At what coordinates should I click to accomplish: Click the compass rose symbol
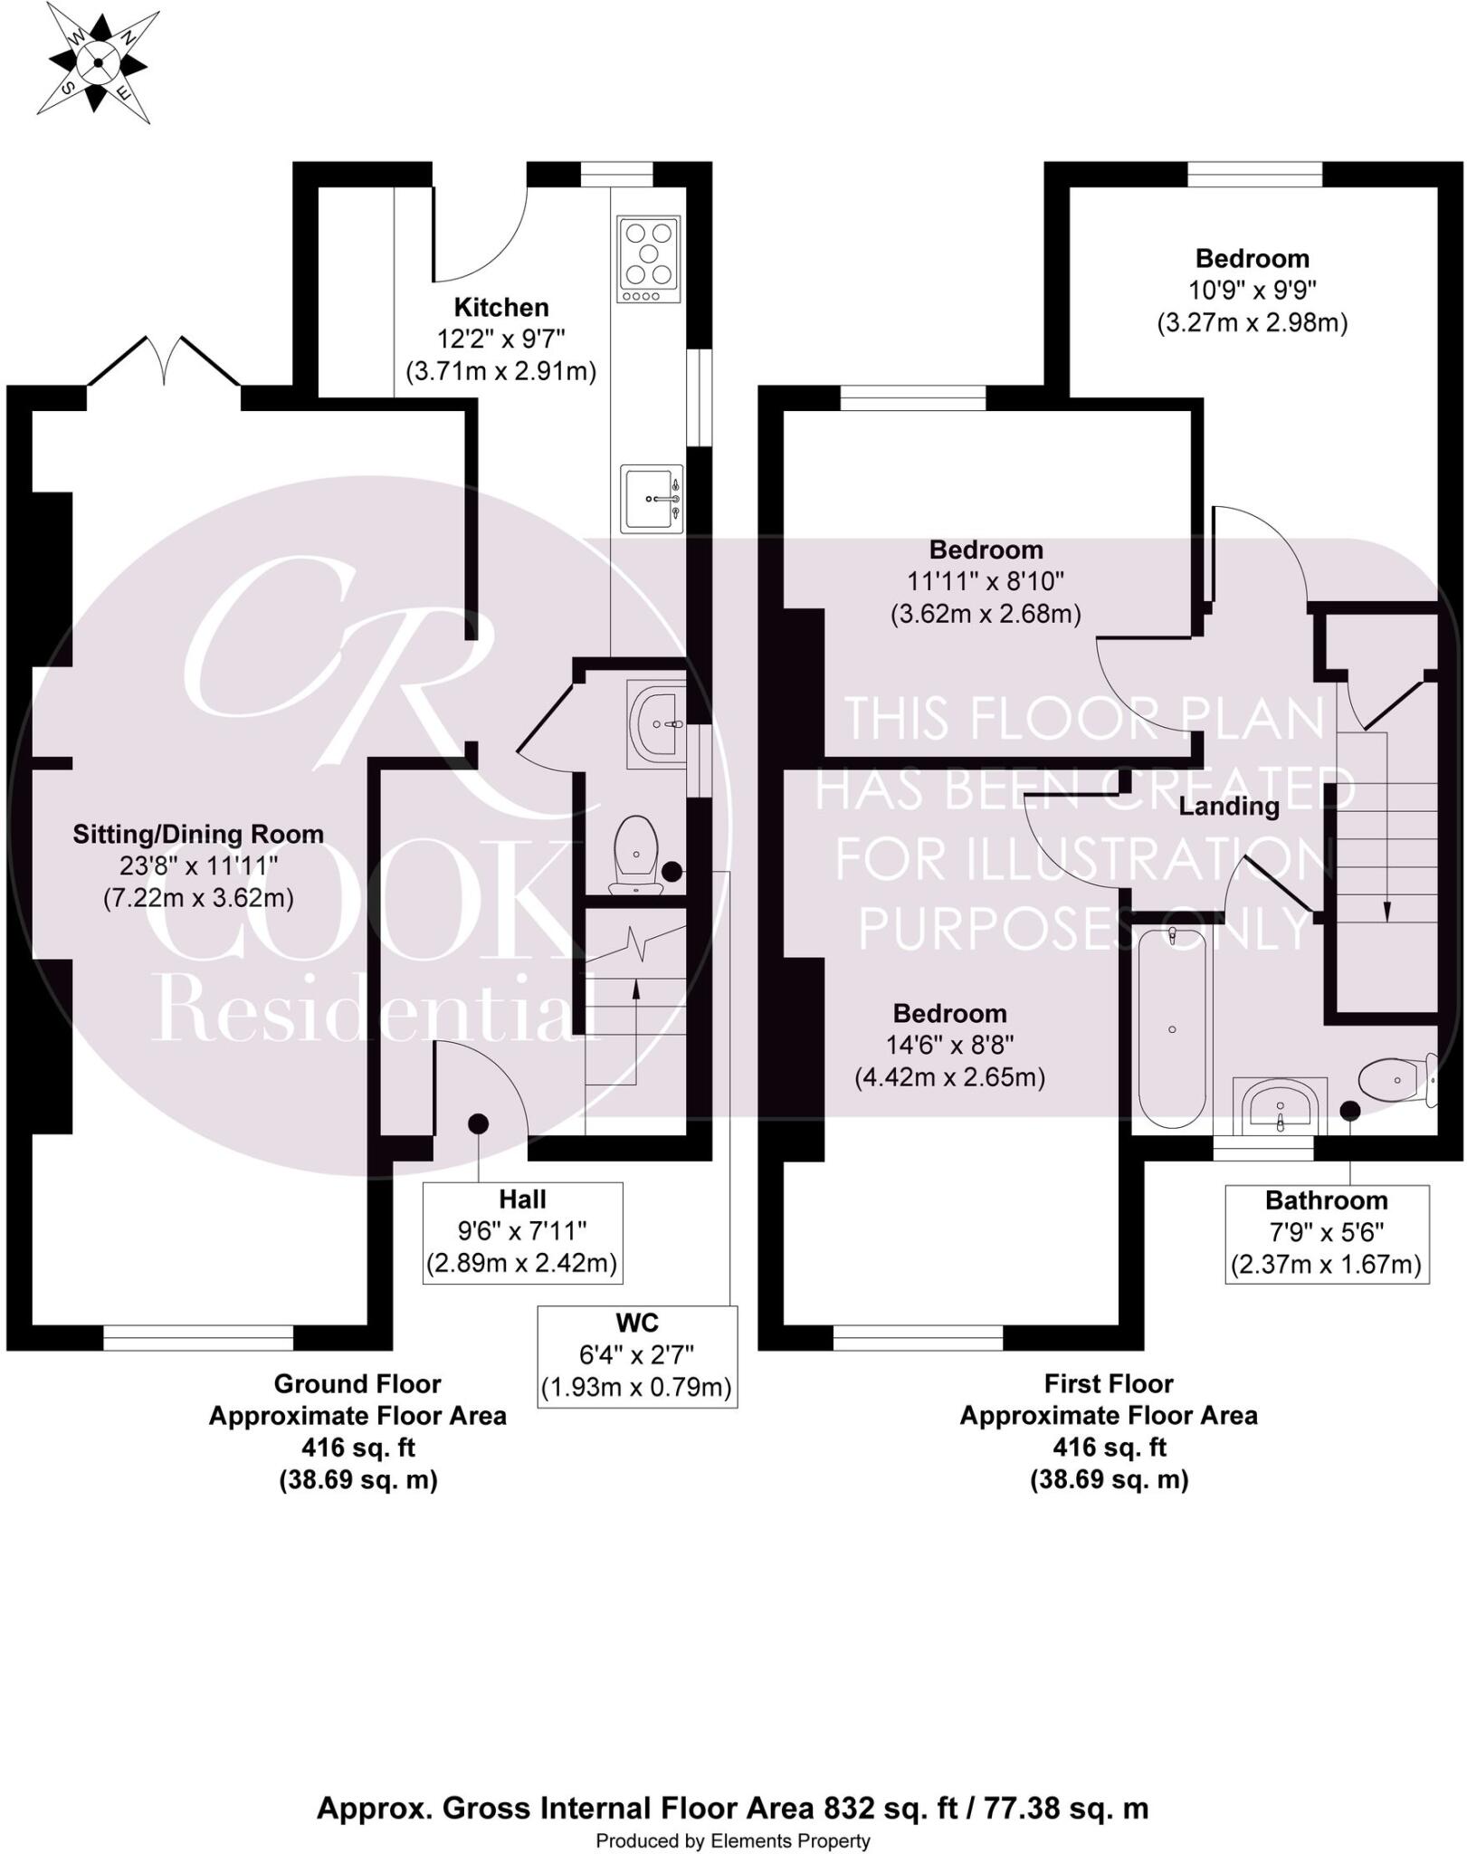click(x=97, y=62)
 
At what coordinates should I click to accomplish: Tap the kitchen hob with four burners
click(x=649, y=259)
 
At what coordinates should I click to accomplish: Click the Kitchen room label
click(x=501, y=307)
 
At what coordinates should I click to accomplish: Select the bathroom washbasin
click(x=1280, y=1106)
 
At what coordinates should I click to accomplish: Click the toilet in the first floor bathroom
click(x=1394, y=1079)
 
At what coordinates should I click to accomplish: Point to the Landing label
click(x=1228, y=806)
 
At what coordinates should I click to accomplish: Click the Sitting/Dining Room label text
click(x=198, y=834)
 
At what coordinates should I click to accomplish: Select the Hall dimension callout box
click(x=522, y=1231)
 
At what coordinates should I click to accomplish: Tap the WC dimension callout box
click(x=637, y=1355)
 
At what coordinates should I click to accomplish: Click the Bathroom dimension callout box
click(x=1327, y=1233)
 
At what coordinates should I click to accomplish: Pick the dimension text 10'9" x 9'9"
click(x=1252, y=291)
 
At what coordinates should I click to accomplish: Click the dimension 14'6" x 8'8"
click(x=949, y=1045)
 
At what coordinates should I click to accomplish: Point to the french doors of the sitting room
click(x=165, y=362)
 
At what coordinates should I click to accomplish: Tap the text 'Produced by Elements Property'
click(x=733, y=1840)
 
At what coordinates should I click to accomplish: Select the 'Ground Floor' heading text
click(x=357, y=1383)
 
